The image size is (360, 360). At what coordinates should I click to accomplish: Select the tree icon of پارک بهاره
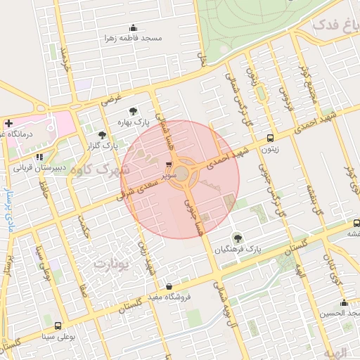pyautogui.click(x=133, y=111)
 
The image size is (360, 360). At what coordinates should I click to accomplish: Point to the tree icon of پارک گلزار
pyautogui.click(x=103, y=134)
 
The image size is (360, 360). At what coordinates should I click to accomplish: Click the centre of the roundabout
pyautogui.click(x=182, y=173)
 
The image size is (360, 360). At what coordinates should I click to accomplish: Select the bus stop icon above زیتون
pyautogui.click(x=271, y=138)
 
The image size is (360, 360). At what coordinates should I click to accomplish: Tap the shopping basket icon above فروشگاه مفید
pyautogui.click(x=169, y=287)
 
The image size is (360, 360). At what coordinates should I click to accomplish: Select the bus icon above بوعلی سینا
pyautogui.click(x=58, y=326)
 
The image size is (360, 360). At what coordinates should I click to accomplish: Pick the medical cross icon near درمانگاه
pyautogui.click(x=8, y=122)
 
